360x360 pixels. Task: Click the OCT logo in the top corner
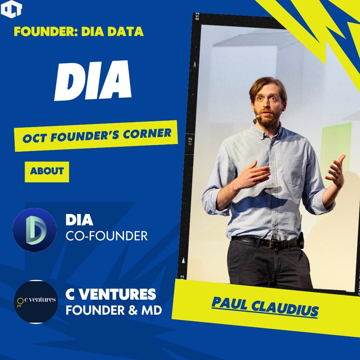tap(11, 9)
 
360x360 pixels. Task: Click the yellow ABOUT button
tap(47, 171)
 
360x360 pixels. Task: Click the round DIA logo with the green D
tap(34, 230)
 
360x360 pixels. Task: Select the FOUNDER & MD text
tap(114, 310)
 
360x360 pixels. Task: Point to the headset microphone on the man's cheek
tap(257, 117)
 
